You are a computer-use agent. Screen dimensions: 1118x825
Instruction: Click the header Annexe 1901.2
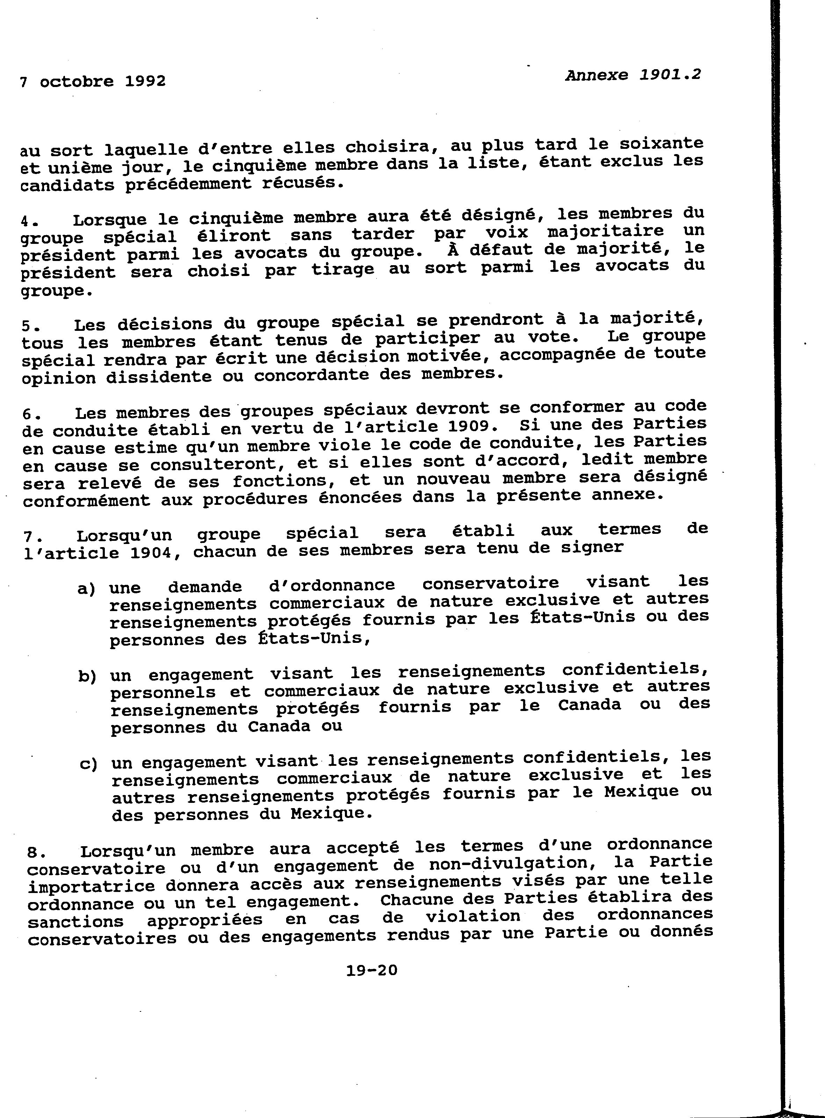(x=633, y=75)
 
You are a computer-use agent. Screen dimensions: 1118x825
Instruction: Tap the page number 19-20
(x=371, y=970)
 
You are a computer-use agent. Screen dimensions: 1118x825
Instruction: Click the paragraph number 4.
(x=27, y=221)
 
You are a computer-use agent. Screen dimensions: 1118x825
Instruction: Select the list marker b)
(x=87, y=677)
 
